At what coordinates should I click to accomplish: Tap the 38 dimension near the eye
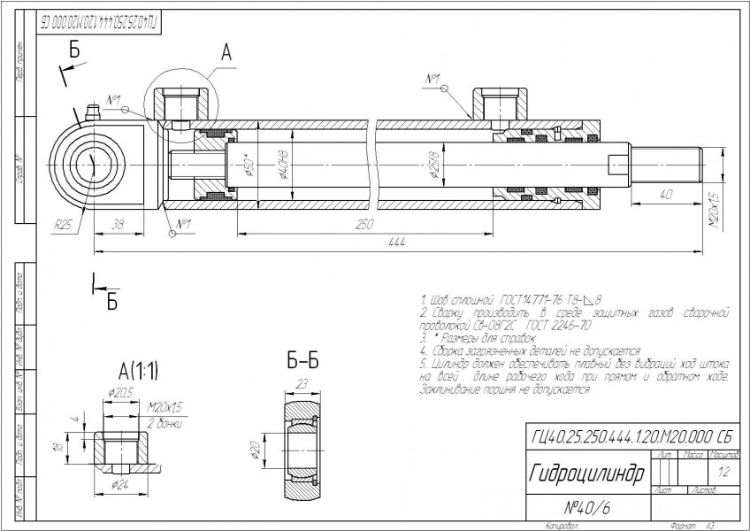click(x=119, y=226)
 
